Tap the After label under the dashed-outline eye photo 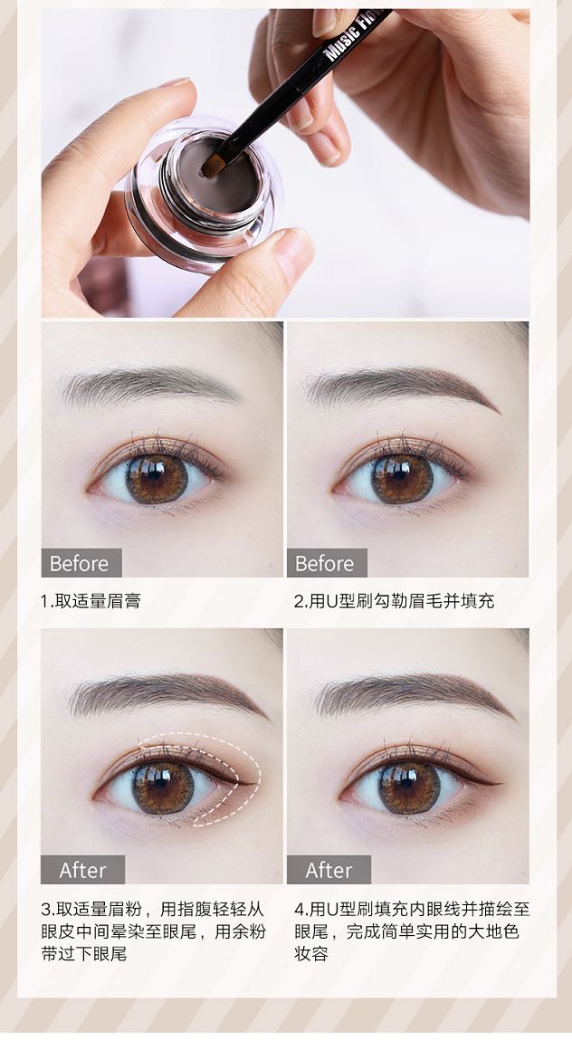(82, 870)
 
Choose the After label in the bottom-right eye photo (329, 870)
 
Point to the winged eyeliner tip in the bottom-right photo (500, 781)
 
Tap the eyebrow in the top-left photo (148, 386)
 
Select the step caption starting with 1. (91, 601)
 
